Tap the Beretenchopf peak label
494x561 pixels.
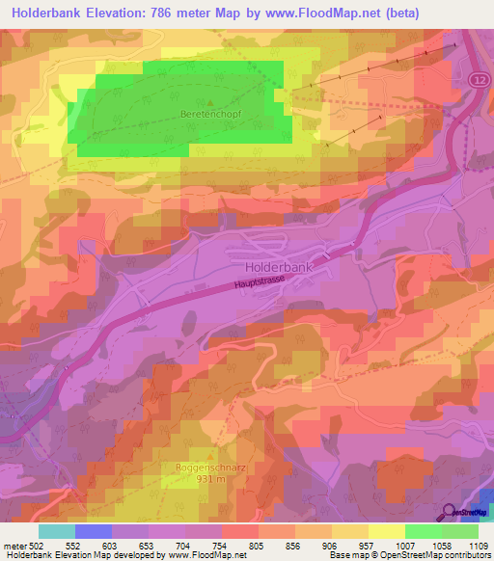pos(210,113)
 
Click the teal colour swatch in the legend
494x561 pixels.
pos(57,531)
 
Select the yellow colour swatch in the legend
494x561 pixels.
pos(387,531)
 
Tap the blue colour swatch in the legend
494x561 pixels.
pos(94,531)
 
